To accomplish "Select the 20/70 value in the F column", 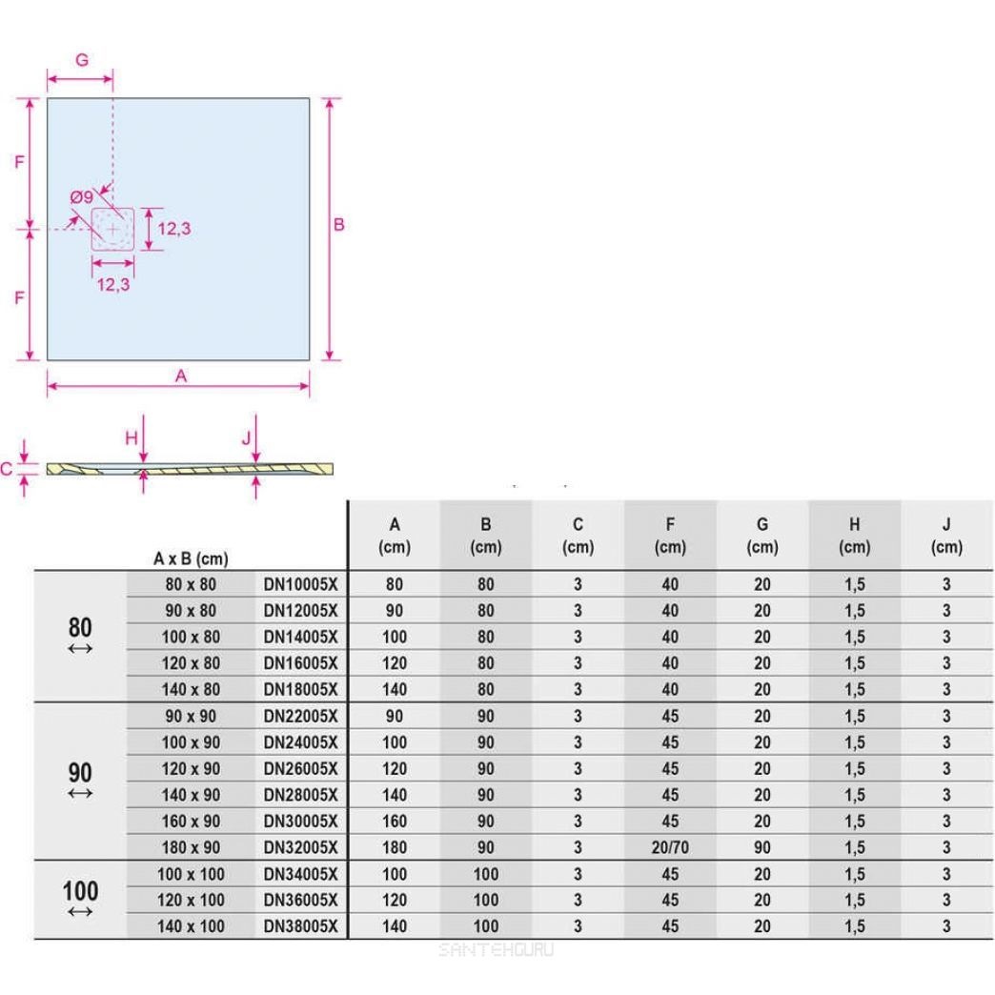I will click(670, 847).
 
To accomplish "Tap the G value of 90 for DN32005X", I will click(761, 847).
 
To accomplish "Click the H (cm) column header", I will click(854, 536).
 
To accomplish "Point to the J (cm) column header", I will click(946, 536).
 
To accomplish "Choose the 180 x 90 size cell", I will click(191, 847).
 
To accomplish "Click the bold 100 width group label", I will click(80, 892).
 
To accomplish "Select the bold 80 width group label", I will click(80, 627).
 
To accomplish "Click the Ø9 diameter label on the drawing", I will click(81, 197).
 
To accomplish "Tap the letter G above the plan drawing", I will click(82, 59).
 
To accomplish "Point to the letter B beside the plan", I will click(338, 226).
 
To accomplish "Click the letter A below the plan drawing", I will click(180, 376).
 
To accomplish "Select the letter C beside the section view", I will click(7, 468).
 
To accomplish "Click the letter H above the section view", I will click(132, 437).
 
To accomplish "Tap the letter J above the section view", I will click(246, 437).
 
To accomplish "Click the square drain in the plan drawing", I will click(113, 230).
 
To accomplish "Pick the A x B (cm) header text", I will click(191, 558).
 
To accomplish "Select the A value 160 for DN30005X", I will click(394, 821).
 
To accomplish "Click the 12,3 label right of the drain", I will click(174, 229).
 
